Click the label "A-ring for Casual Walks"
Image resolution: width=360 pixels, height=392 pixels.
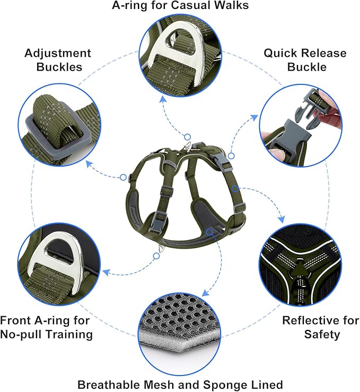(180, 6)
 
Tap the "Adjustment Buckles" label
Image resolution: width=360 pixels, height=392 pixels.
(57, 60)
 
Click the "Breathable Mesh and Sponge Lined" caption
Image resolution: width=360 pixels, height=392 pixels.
(180, 384)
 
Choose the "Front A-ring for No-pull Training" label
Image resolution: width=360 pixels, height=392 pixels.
(47, 327)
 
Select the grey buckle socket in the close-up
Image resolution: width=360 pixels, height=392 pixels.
(289, 135)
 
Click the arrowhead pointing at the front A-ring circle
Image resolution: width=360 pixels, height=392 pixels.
(106, 273)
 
